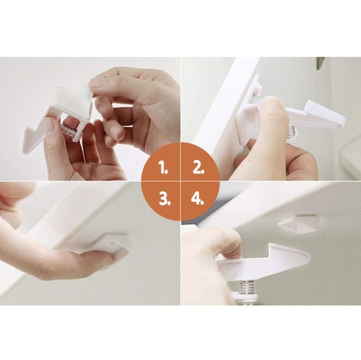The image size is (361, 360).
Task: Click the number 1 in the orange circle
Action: (164, 168)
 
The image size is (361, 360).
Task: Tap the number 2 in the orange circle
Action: (198, 168)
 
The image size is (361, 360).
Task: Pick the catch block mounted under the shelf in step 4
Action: (298, 223)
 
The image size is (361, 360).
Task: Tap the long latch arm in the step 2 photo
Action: (312, 115)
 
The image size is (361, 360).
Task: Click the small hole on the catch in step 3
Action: (111, 243)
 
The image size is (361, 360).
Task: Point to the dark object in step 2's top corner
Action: (321, 63)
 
